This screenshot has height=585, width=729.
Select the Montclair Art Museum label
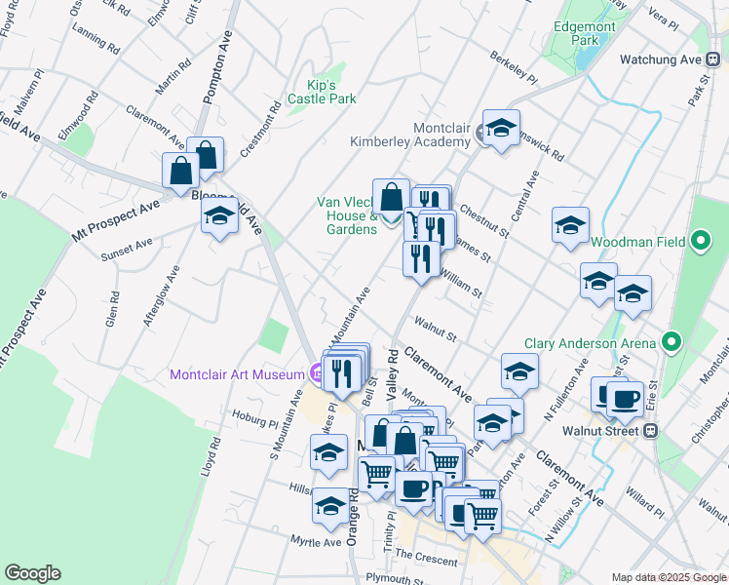point(237,373)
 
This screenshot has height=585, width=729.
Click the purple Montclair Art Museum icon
point(317,372)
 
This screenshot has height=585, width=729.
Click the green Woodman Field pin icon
point(700,240)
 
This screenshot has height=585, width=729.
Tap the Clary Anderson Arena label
point(590,343)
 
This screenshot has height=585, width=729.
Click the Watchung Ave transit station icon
point(715,59)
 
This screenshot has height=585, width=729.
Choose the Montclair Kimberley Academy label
point(414,135)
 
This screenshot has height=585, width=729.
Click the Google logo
point(32,573)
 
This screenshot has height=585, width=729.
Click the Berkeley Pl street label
point(514,66)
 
